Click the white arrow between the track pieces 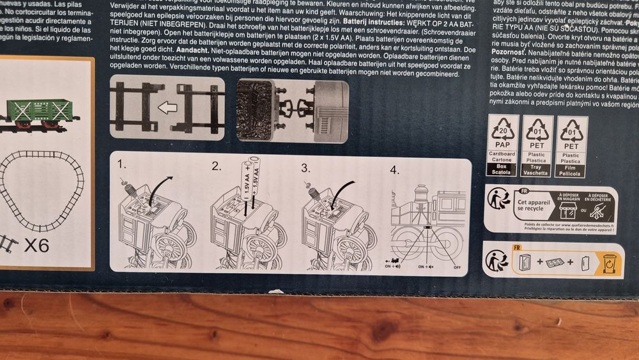tap(167, 107)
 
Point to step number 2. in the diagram tap(217, 168)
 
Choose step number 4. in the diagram tap(396, 169)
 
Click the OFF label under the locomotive tap(456, 265)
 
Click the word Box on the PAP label tap(502, 166)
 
